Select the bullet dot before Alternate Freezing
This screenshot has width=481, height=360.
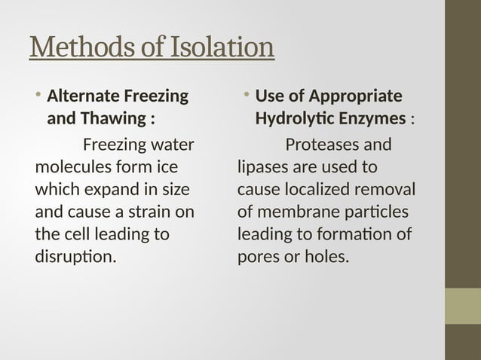pyautogui.click(x=38, y=96)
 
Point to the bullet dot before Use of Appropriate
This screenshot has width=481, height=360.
pyautogui.click(x=247, y=96)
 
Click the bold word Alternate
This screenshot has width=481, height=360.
pyautogui.click(x=82, y=96)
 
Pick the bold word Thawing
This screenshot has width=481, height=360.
pyautogui.click(x=114, y=119)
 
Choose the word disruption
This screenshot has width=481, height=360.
pyautogui.click(x=76, y=258)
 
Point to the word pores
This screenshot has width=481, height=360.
pyautogui.click(x=258, y=258)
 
